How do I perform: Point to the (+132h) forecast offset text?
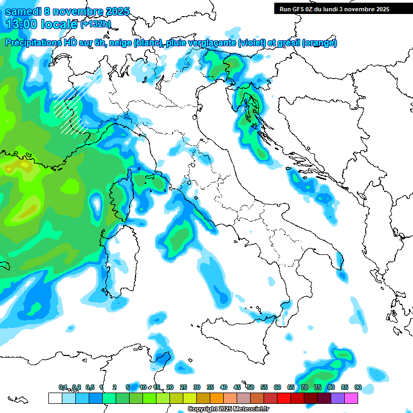(x=96, y=24)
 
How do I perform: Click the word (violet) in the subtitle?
(x=254, y=43)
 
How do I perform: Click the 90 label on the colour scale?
(x=358, y=387)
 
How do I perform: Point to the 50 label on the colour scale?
(x=251, y=387)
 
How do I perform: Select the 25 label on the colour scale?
(x=183, y=387)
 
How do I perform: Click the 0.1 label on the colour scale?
(x=63, y=387)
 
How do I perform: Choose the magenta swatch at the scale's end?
(x=351, y=398)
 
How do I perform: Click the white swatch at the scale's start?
(x=55, y=398)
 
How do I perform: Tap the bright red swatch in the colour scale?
(x=283, y=398)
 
